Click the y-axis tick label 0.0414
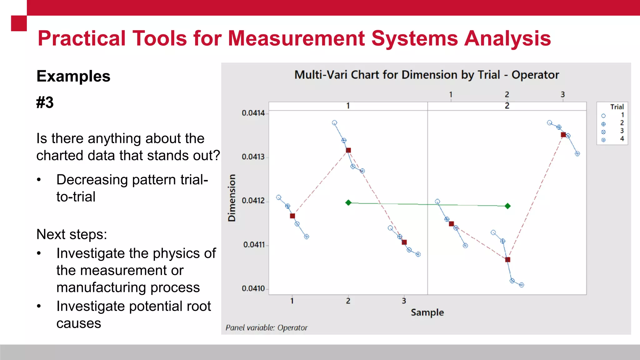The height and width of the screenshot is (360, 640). pyautogui.click(x=253, y=113)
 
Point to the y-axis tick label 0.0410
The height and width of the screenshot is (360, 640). pyautogui.click(x=253, y=288)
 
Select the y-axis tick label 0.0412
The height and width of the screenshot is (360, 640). pyautogui.click(x=253, y=200)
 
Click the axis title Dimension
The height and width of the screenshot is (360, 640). pyautogui.click(x=232, y=198)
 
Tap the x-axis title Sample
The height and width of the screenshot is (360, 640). pyautogui.click(x=427, y=312)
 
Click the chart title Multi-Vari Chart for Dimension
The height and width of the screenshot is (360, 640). pyautogui.click(x=427, y=75)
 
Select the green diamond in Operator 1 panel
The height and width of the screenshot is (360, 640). pyautogui.click(x=348, y=203)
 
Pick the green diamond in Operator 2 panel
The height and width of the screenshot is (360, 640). pyautogui.click(x=508, y=206)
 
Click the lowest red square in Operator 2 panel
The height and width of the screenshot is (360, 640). pyautogui.click(x=507, y=260)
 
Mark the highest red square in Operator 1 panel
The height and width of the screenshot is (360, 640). pyautogui.click(x=348, y=150)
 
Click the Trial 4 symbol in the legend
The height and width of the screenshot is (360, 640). pyautogui.click(x=603, y=140)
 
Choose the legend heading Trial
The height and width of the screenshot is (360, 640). pyautogui.click(x=617, y=107)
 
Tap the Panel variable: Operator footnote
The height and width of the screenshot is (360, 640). pyautogui.click(x=267, y=328)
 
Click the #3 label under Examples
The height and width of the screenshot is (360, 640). pyautogui.click(x=45, y=102)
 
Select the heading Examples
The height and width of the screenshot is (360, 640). pyautogui.click(x=73, y=76)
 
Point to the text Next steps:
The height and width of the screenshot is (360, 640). pyautogui.click(x=72, y=234)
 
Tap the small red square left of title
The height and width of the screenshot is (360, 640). pyautogui.click(x=19, y=23)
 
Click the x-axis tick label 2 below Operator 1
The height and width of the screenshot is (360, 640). pyautogui.click(x=348, y=301)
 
